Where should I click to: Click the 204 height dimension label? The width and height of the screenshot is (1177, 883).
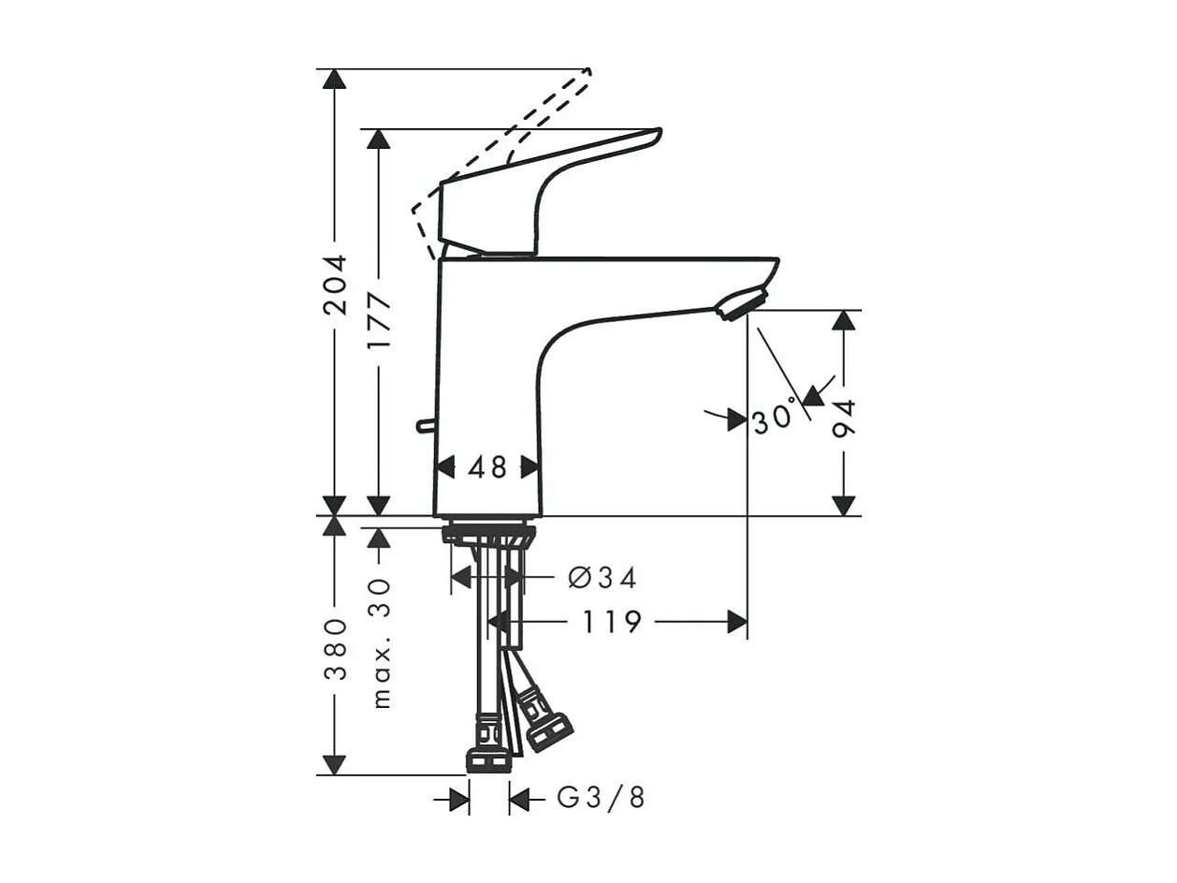(x=335, y=284)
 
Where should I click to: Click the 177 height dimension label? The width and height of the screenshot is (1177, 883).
(x=379, y=325)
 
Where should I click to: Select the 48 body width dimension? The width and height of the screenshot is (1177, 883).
(x=487, y=466)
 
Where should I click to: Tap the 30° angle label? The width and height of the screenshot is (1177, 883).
(x=773, y=419)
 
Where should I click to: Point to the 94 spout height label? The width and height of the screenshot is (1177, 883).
(x=844, y=419)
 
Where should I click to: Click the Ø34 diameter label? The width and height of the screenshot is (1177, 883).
(x=602, y=579)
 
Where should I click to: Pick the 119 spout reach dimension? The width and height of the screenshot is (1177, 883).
(x=612, y=621)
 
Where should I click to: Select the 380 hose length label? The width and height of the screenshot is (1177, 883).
(x=335, y=648)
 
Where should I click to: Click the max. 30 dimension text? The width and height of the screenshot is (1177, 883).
(x=380, y=642)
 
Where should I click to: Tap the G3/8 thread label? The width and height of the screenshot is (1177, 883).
(x=601, y=799)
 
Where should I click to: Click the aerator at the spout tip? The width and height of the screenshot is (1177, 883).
(x=741, y=304)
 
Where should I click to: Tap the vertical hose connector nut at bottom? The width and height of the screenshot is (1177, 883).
(x=488, y=759)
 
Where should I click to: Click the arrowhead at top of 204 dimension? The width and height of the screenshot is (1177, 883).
(x=334, y=78)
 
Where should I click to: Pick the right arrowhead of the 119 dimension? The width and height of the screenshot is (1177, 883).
(x=737, y=621)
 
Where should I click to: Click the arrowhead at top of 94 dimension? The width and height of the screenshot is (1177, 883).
(x=844, y=320)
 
